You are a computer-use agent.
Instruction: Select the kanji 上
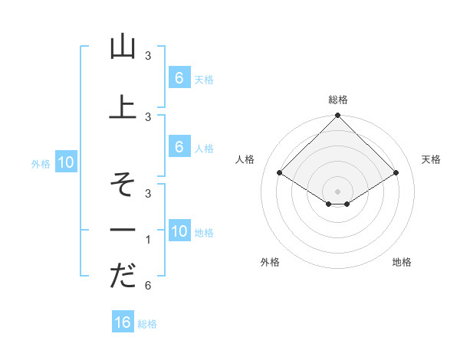123,106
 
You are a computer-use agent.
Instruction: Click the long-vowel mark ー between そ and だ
123,230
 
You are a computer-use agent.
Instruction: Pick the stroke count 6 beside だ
147,286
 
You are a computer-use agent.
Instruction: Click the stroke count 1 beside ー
147,240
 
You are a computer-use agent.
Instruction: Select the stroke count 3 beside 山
147,55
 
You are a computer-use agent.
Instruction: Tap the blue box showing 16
123,322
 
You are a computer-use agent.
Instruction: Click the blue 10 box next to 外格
65,162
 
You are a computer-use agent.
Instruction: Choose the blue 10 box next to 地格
179,231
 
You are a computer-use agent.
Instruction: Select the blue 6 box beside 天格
179,77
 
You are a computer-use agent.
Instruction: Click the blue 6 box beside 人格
179,147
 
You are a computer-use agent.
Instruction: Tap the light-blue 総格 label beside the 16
147,324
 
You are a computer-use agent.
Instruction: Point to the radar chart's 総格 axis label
338,100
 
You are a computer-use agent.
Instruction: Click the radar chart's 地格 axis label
402,262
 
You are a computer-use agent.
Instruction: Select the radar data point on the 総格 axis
338,116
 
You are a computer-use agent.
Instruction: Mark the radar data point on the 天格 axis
396,173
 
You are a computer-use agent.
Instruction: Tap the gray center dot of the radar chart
338,191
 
